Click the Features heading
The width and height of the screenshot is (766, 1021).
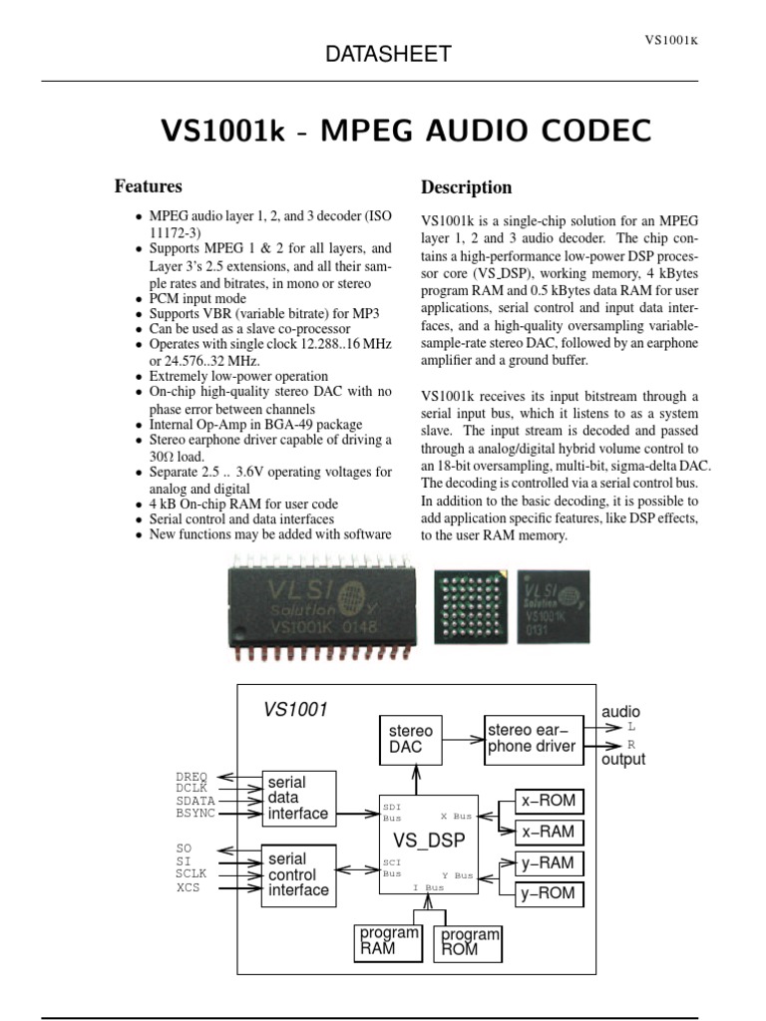pyautogui.click(x=149, y=185)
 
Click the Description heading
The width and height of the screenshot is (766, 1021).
pyautogui.click(x=467, y=187)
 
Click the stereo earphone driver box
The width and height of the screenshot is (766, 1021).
pyautogui.click(x=532, y=739)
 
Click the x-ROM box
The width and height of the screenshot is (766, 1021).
pyautogui.click(x=549, y=801)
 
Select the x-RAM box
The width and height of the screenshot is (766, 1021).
pyautogui.click(x=549, y=832)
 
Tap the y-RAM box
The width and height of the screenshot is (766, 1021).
pyautogui.click(x=549, y=862)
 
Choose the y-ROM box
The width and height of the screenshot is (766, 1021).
pyautogui.click(x=549, y=893)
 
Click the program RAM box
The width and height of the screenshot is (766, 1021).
pyautogui.click(x=390, y=941)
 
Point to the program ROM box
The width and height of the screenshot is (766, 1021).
pyautogui.click(x=469, y=941)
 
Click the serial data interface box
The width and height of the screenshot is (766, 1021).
pyautogui.click(x=297, y=798)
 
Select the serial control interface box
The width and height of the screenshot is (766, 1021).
pyautogui.click(x=297, y=874)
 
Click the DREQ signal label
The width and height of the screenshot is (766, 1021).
pyautogui.click(x=192, y=776)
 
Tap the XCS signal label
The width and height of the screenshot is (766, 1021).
pyautogui.click(x=189, y=887)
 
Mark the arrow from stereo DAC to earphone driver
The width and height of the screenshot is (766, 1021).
pyautogui.click(x=463, y=739)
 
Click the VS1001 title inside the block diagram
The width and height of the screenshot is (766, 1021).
pyautogui.click(x=296, y=710)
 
